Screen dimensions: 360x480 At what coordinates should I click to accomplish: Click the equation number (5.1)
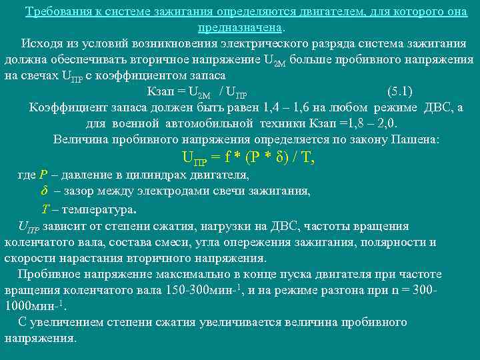point(399,91)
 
